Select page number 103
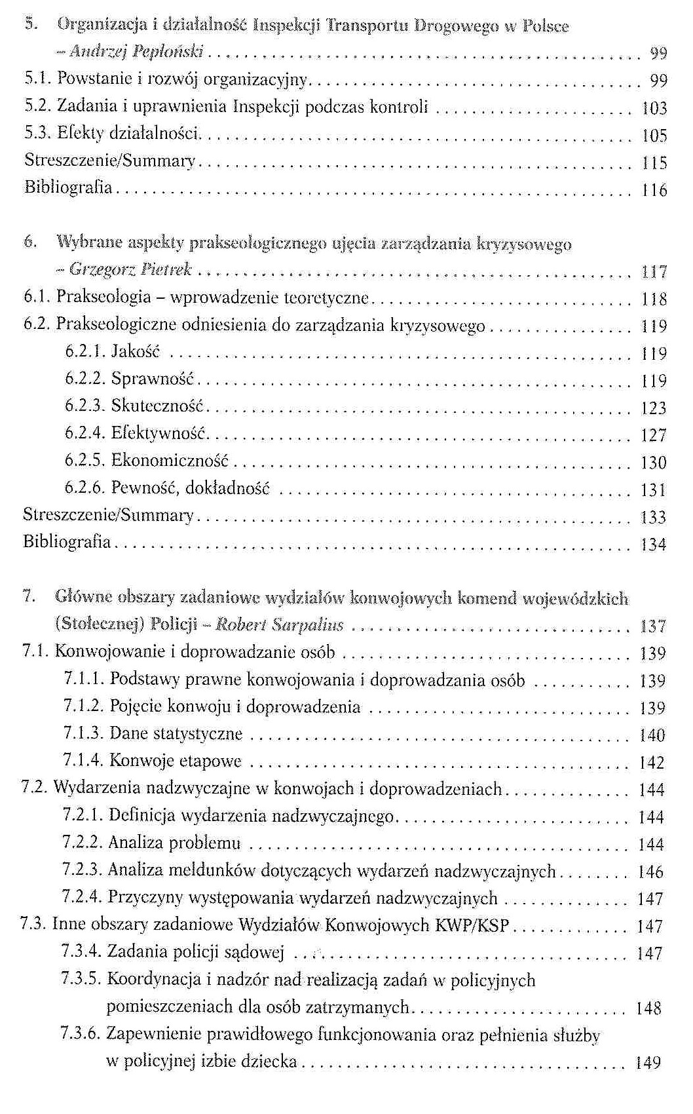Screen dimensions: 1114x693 654,108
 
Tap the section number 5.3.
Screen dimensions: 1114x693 38,134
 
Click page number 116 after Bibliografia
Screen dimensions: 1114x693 654,191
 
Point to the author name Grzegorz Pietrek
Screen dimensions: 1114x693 130,269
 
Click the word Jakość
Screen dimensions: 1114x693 136,352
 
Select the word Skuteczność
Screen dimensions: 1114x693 158,406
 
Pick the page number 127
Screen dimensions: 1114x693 653,436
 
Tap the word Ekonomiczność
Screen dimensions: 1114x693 170,461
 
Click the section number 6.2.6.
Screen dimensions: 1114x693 84,488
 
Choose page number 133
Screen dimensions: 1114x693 653,518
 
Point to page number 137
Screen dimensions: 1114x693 652,626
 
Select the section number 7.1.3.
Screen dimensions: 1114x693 83,733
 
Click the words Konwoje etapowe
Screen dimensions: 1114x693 176,761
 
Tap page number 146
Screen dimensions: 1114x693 650,872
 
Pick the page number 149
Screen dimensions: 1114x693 648,1062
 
